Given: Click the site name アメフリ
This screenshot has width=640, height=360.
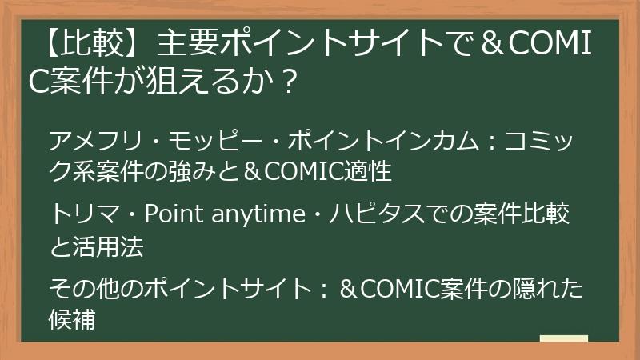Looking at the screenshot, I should [x=85, y=140].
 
